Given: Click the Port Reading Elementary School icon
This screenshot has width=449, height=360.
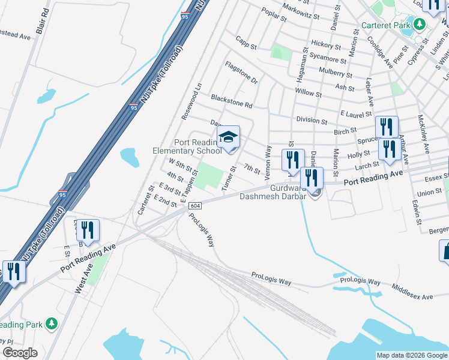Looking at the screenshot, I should pyautogui.click(x=228, y=137).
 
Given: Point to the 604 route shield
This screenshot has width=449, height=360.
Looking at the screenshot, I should pyautogui.click(x=194, y=206).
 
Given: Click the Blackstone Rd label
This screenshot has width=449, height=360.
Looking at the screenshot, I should pyautogui.click(x=231, y=100).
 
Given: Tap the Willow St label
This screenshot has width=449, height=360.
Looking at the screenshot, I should pyautogui.click(x=308, y=94).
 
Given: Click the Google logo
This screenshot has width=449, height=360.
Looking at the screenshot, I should pyautogui.click(x=20, y=353).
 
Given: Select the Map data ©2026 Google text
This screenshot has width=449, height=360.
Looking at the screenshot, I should pyautogui.click(x=411, y=355).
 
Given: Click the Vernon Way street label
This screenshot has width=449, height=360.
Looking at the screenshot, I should pyautogui.click(x=268, y=160).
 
